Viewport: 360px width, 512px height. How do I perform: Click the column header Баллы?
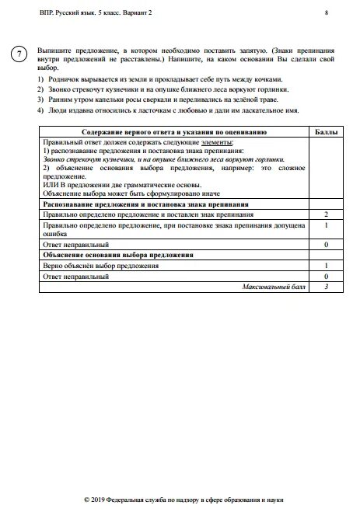[x=327, y=133]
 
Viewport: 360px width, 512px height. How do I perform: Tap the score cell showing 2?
[x=326, y=212]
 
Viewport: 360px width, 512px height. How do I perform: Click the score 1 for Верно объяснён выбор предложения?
[x=326, y=265]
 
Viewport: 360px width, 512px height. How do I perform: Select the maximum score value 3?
[x=327, y=286]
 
